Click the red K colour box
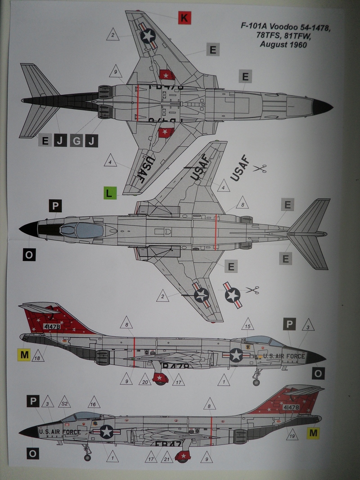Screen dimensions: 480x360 [183, 18]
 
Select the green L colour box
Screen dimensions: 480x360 [109, 193]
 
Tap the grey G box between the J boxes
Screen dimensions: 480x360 [76, 141]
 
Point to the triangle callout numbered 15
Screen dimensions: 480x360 [247, 325]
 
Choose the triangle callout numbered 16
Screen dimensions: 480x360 [94, 404]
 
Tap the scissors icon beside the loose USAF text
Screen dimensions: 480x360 [260, 169]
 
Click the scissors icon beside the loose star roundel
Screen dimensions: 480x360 [253, 290]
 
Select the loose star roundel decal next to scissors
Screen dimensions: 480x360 [232, 295]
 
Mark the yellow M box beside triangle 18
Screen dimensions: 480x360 [25, 355]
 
